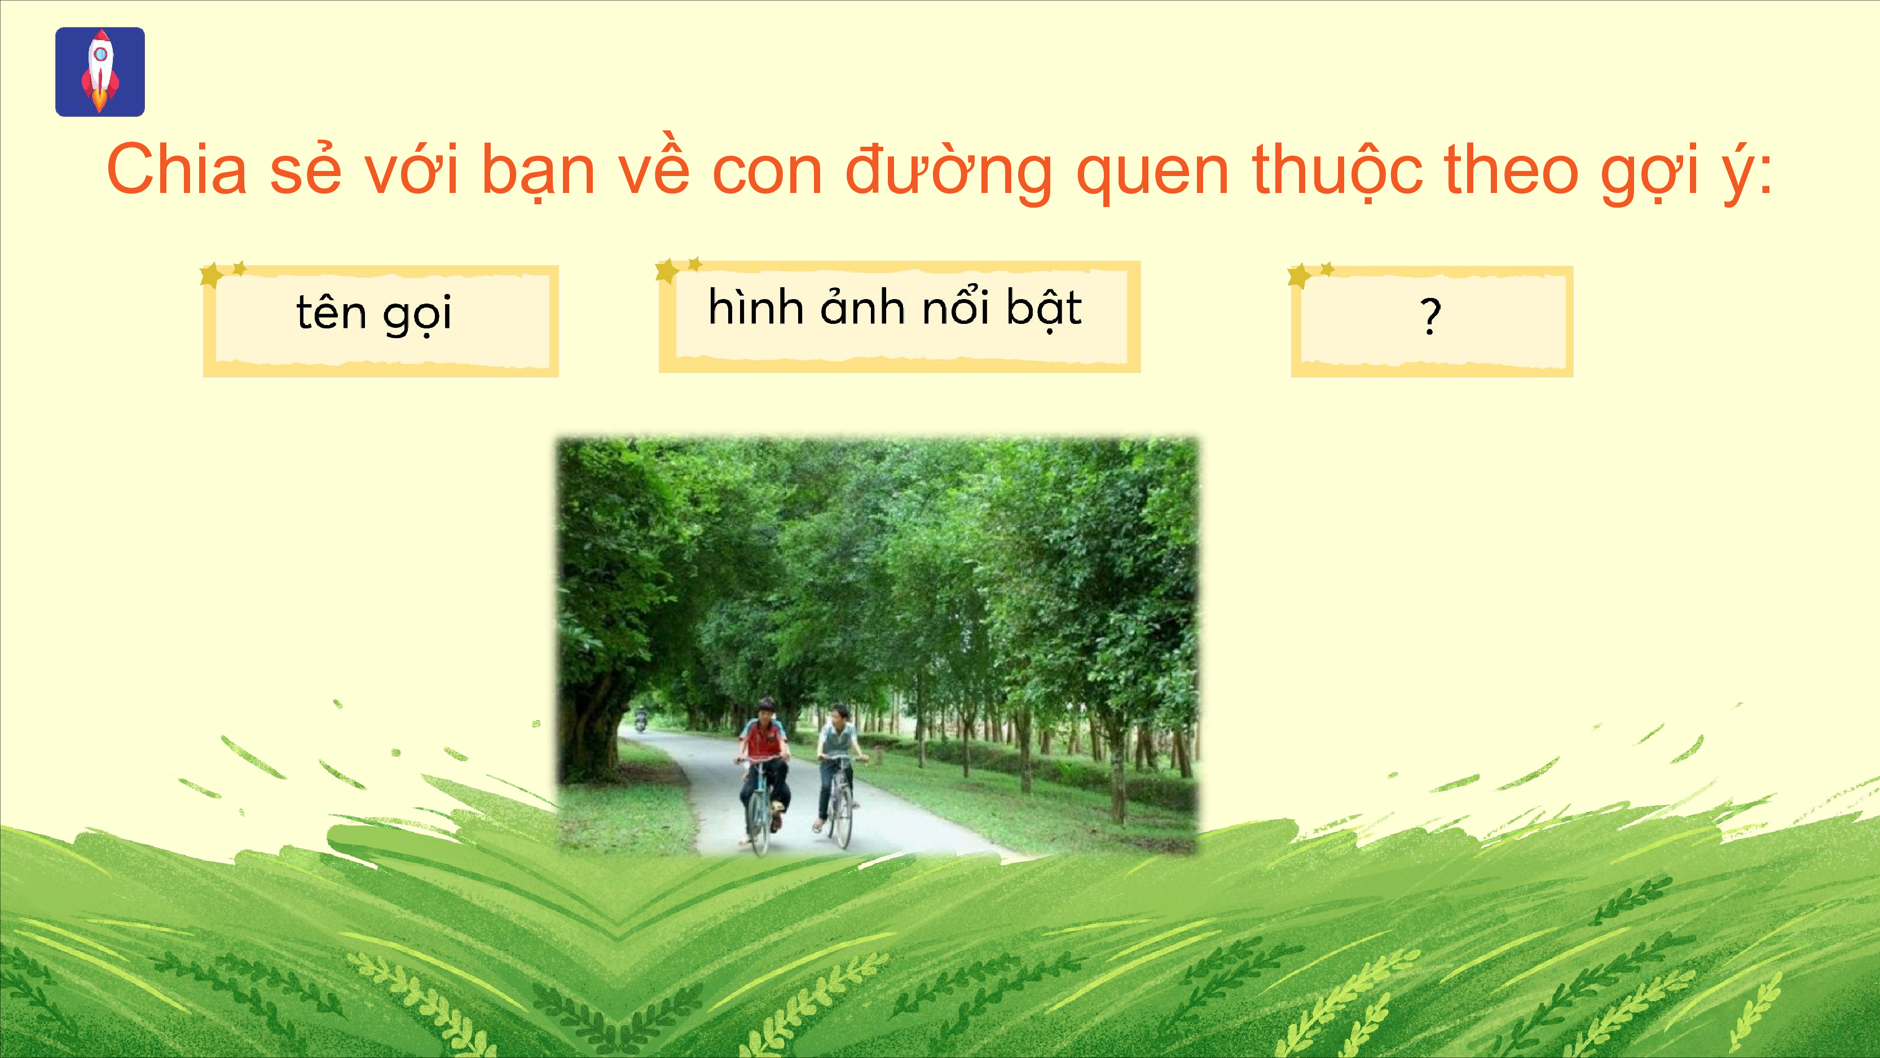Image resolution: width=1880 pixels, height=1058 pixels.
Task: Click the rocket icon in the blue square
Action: pyautogui.click(x=100, y=72)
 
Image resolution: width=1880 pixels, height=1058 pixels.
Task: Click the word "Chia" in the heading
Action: pyautogui.click(x=177, y=169)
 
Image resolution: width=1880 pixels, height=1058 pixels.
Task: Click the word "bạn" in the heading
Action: pyautogui.click(x=539, y=172)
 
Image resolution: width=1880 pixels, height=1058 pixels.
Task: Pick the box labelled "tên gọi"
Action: pyautogui.click(x=381, y=321)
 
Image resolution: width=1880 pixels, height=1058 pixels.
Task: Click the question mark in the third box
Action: pyautogui.click(x=1430, y=315)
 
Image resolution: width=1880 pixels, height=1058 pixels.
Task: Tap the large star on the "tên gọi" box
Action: pyautogui.click(x=212, y=275)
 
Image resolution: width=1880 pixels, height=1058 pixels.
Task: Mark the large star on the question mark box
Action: pyautogui.click(x=1299, y=276)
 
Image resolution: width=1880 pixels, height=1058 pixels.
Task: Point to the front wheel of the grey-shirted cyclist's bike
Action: pyautogui.click(x=843, y=814)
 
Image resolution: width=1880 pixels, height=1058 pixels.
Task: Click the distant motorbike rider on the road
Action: pyautogui.click(x=641, y=719)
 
